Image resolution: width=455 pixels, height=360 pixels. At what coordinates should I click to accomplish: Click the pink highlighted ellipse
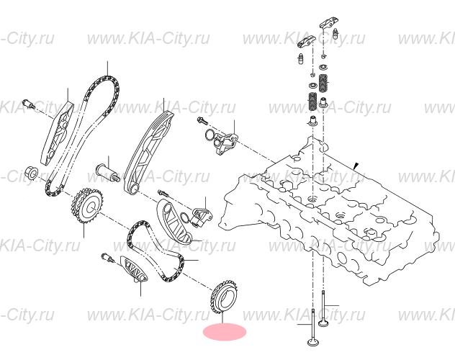pos(225,332)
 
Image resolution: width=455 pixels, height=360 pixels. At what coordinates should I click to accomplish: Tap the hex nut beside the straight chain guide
pos(32,173)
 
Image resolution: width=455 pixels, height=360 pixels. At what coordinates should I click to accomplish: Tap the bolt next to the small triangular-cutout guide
pos(109,257)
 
